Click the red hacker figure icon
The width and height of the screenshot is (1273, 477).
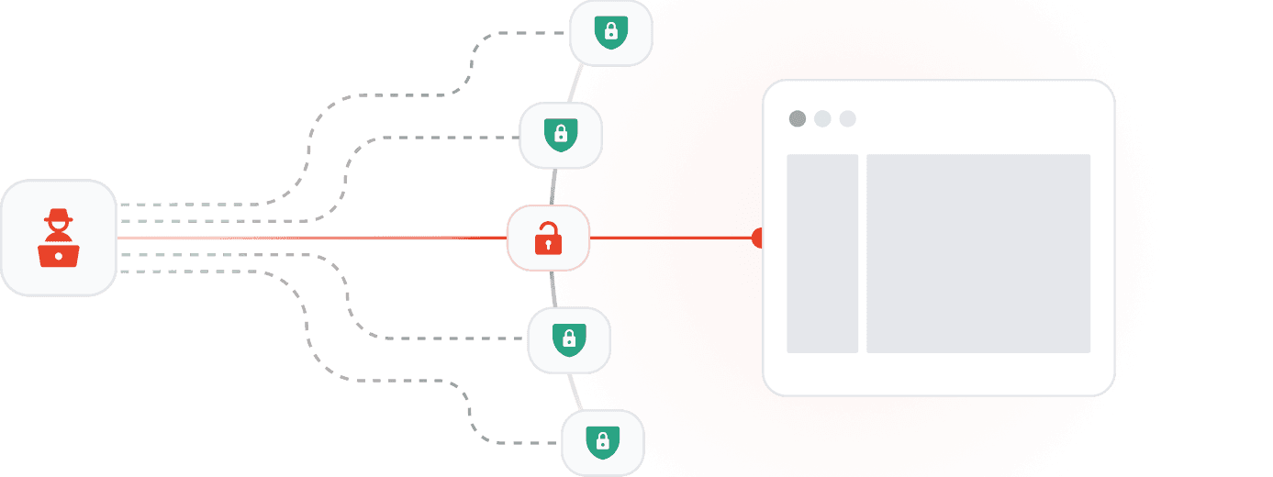[59, 238]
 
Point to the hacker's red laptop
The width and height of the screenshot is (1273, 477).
[59, 254]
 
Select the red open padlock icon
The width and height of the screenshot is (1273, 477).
[548, 238]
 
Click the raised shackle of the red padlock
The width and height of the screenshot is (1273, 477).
[549, 228]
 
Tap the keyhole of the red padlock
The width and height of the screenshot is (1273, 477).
[548, 245]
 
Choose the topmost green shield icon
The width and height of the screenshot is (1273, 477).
[610, 32]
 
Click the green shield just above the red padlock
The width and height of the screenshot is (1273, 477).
[560, 135]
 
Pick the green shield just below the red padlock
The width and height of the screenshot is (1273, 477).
[569, 339]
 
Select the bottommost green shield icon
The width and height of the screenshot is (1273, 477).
[602, 442]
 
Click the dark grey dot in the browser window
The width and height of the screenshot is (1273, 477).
[798, 118]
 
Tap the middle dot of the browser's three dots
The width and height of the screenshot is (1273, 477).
[822, 118]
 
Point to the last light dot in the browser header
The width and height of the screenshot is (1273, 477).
[847, 118]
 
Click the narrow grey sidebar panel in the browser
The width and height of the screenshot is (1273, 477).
[822, 253]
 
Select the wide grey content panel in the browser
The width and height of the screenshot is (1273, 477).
[978, 253]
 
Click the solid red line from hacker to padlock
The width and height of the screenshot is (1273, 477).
[312, 238]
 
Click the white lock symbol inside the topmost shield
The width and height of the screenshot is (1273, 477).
[610, 32]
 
